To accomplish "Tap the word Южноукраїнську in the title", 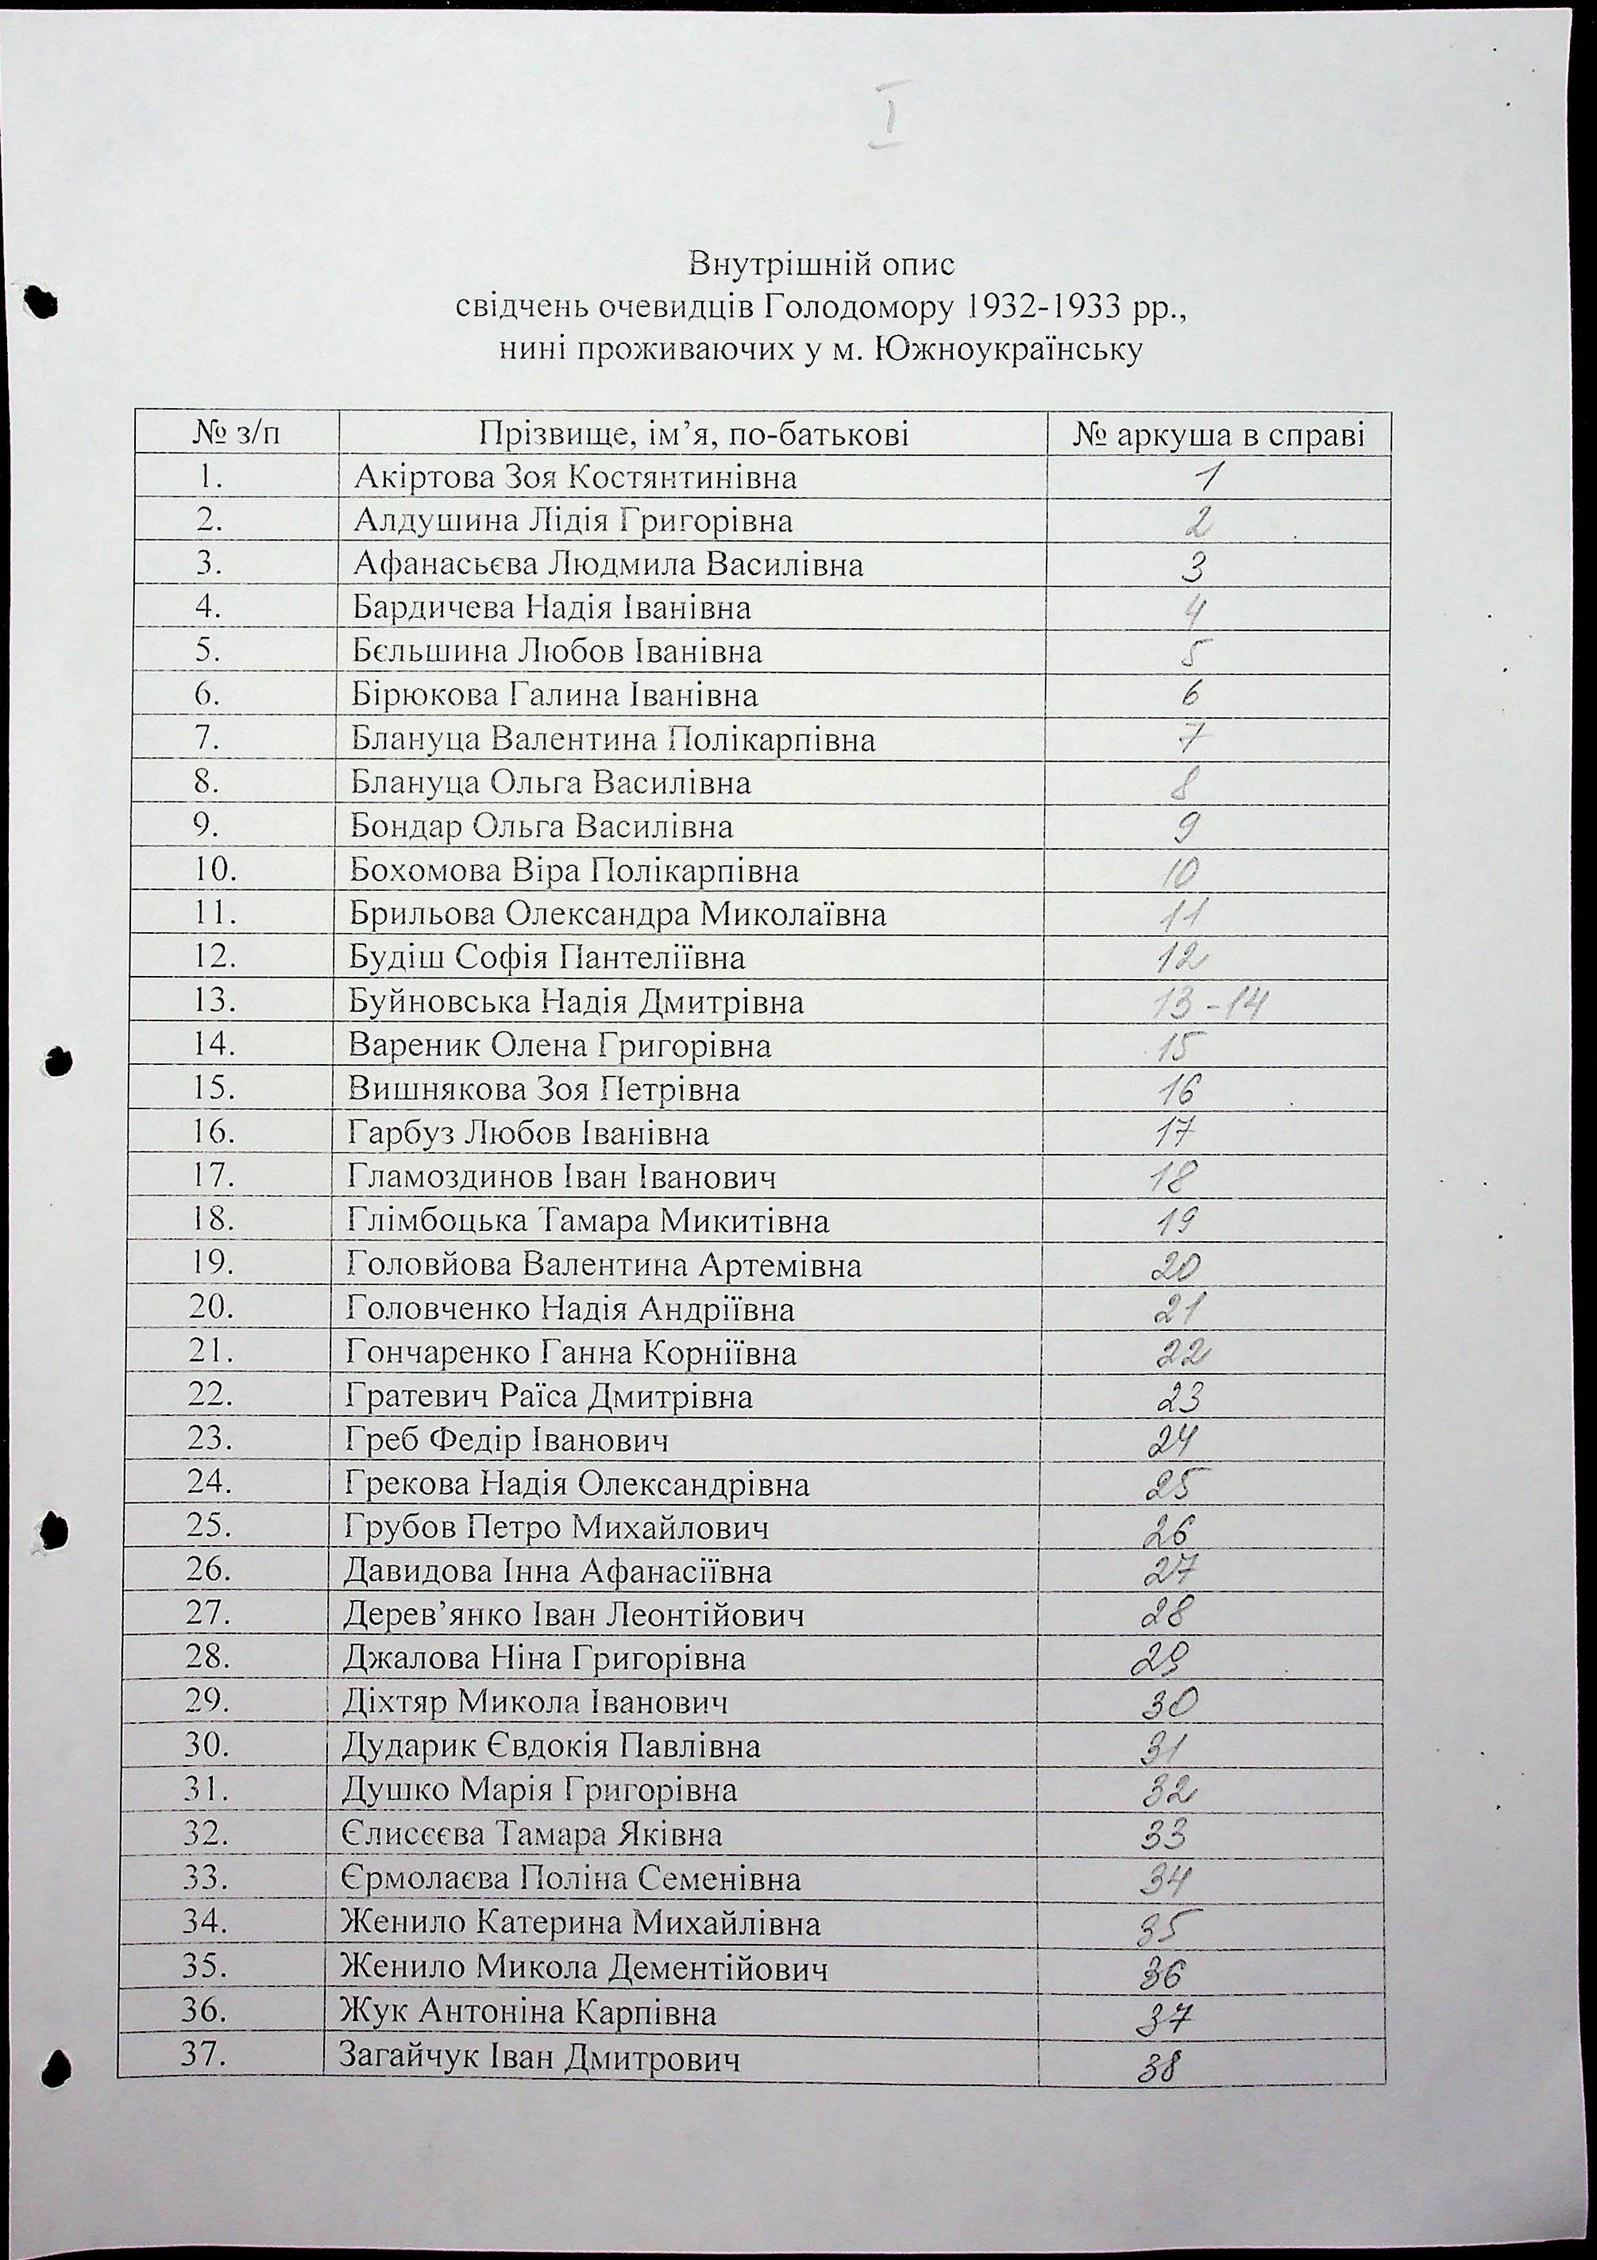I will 1009,349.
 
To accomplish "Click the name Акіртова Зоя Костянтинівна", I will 574,478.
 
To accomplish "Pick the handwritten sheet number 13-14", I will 1207,1004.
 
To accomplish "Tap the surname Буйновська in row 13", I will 439,1002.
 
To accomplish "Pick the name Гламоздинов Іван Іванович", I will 561,1177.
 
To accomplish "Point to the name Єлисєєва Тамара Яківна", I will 532,1834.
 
